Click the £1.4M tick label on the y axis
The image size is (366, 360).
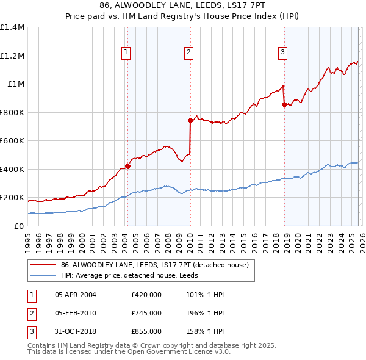[12, 27]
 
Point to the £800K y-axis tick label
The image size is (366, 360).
[12, 112]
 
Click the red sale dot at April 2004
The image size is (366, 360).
[127, 166]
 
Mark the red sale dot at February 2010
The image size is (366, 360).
[190, 120]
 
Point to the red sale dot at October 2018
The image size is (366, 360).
[284, 104]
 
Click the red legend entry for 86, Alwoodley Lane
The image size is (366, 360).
[154, 265]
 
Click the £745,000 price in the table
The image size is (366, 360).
[146, 312]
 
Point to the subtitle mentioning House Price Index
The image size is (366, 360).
[183, 16]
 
